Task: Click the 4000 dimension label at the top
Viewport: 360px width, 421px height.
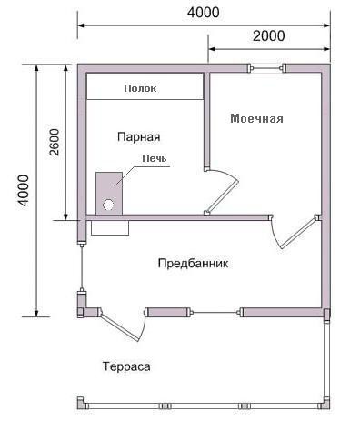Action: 202,13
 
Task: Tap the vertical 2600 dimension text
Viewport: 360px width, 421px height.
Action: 54,141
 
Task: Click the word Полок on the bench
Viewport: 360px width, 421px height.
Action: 144,88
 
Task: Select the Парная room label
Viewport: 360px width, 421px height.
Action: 138,136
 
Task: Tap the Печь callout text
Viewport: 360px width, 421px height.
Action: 153,158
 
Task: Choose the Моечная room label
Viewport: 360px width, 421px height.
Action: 256,119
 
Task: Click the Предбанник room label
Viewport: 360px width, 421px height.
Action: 193,263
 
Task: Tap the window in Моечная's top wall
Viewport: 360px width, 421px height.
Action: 267,67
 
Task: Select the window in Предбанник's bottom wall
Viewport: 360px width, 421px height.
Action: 215,313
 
